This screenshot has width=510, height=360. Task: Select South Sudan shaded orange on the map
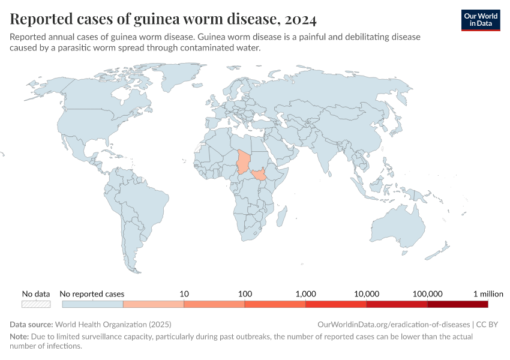(x=260, y=175)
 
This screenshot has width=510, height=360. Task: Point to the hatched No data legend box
(x=36, y=304)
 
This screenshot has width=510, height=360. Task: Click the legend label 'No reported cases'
(x=92, y=294)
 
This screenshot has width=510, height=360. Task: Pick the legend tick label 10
(x=184, y=294)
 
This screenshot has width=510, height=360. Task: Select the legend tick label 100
(x=245, y=294)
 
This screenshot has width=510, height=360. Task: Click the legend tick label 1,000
(x=305, y=294)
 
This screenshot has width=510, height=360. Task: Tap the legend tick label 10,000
(x=367, y=294)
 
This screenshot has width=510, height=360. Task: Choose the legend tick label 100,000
(x=427, y=294)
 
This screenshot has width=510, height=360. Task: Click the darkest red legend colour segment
(x=458, y=304)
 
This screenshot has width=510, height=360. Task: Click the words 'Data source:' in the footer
(x=32, y=324)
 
